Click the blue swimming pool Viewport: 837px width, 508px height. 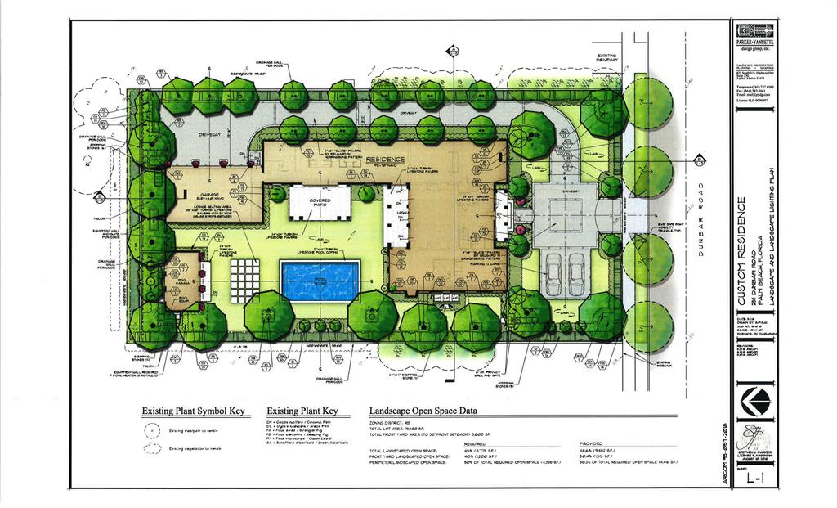(320, 281)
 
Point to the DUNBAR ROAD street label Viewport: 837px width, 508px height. (700, 220)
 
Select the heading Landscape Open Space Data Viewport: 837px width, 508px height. (423, 411)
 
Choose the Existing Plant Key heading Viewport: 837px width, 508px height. (302, 411)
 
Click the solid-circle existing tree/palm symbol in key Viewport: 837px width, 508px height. (150, 430)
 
